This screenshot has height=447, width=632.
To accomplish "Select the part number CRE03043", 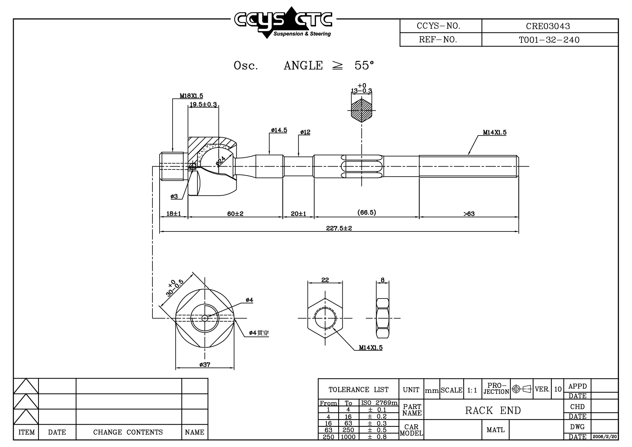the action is [x=548, y=26].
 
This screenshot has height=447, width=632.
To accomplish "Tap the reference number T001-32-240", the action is [x=549, y=40].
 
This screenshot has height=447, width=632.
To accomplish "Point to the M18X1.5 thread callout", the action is [x=191, y=96].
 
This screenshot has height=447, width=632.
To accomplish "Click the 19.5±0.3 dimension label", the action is [x=203, y=105].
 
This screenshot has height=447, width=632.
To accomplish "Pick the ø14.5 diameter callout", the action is [x=279, y=130].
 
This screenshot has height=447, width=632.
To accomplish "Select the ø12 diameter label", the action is [x=305, y=132].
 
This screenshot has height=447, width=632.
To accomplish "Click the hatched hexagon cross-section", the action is [x=361, y=110].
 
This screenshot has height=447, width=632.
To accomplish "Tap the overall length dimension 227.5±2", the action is [x=339, y=228].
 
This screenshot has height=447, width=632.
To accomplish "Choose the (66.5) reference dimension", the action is [x=366, y=212].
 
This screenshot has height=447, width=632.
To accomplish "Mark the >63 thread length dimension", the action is [x=469, y=214].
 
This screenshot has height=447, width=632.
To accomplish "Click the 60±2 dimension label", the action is [x=235, y=214].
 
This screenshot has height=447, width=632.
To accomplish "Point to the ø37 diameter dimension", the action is [x=205, y=364].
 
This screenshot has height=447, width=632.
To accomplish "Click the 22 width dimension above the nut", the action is [x=325, y=280].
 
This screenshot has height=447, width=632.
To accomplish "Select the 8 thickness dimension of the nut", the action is [x=383, y=280].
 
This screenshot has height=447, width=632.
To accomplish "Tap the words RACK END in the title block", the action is [x=493, y=411].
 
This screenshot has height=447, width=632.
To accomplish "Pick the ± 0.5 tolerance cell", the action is [x=377, y=430].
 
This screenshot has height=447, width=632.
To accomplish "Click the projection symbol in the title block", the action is [x=522, y=389].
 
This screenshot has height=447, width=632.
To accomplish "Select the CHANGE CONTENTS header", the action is [x=128, y=432].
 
